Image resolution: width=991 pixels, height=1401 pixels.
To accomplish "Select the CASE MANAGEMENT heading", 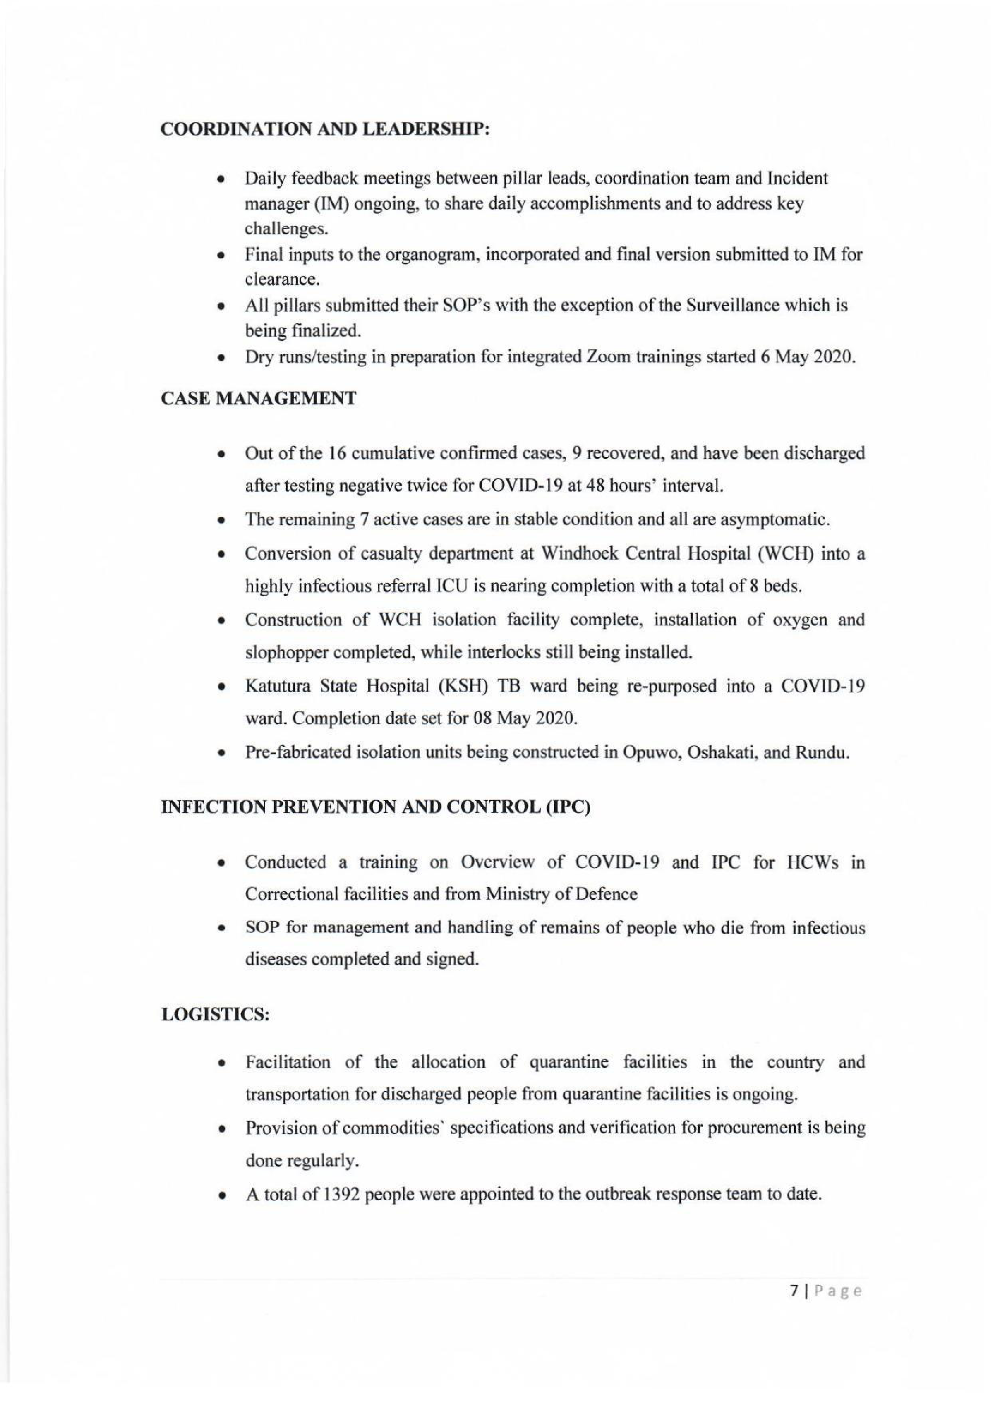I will tap(259, 399).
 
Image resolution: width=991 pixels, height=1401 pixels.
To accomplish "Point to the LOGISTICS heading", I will tap(215, 1015).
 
